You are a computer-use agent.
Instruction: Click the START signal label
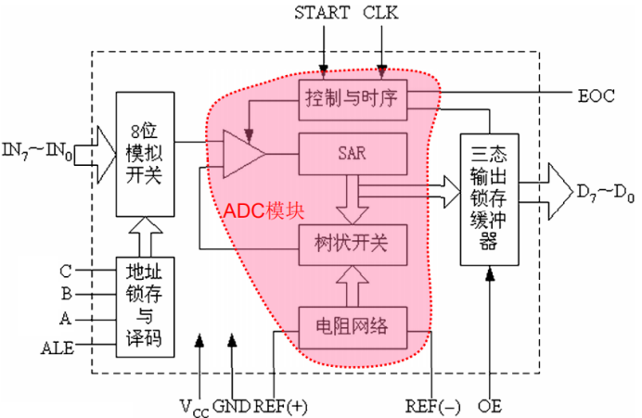coord(322,13)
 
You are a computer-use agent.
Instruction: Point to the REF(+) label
coord(276,405)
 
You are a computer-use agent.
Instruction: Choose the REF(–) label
coord(432,405)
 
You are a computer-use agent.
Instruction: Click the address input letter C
coord(65,272)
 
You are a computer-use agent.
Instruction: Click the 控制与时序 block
coord(353,98)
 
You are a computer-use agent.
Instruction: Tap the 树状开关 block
coord(353,244)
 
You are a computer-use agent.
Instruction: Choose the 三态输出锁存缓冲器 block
coord(490,200)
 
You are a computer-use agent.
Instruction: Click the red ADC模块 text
coord(263,210)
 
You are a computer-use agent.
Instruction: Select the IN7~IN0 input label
coord(37,148)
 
